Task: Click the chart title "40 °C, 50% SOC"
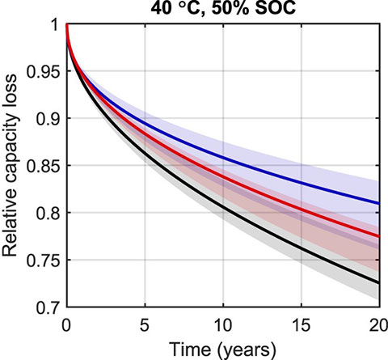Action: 222,9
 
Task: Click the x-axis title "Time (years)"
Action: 222,349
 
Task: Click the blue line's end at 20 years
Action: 379,203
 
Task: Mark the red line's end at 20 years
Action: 379,236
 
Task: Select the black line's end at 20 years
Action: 379,282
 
